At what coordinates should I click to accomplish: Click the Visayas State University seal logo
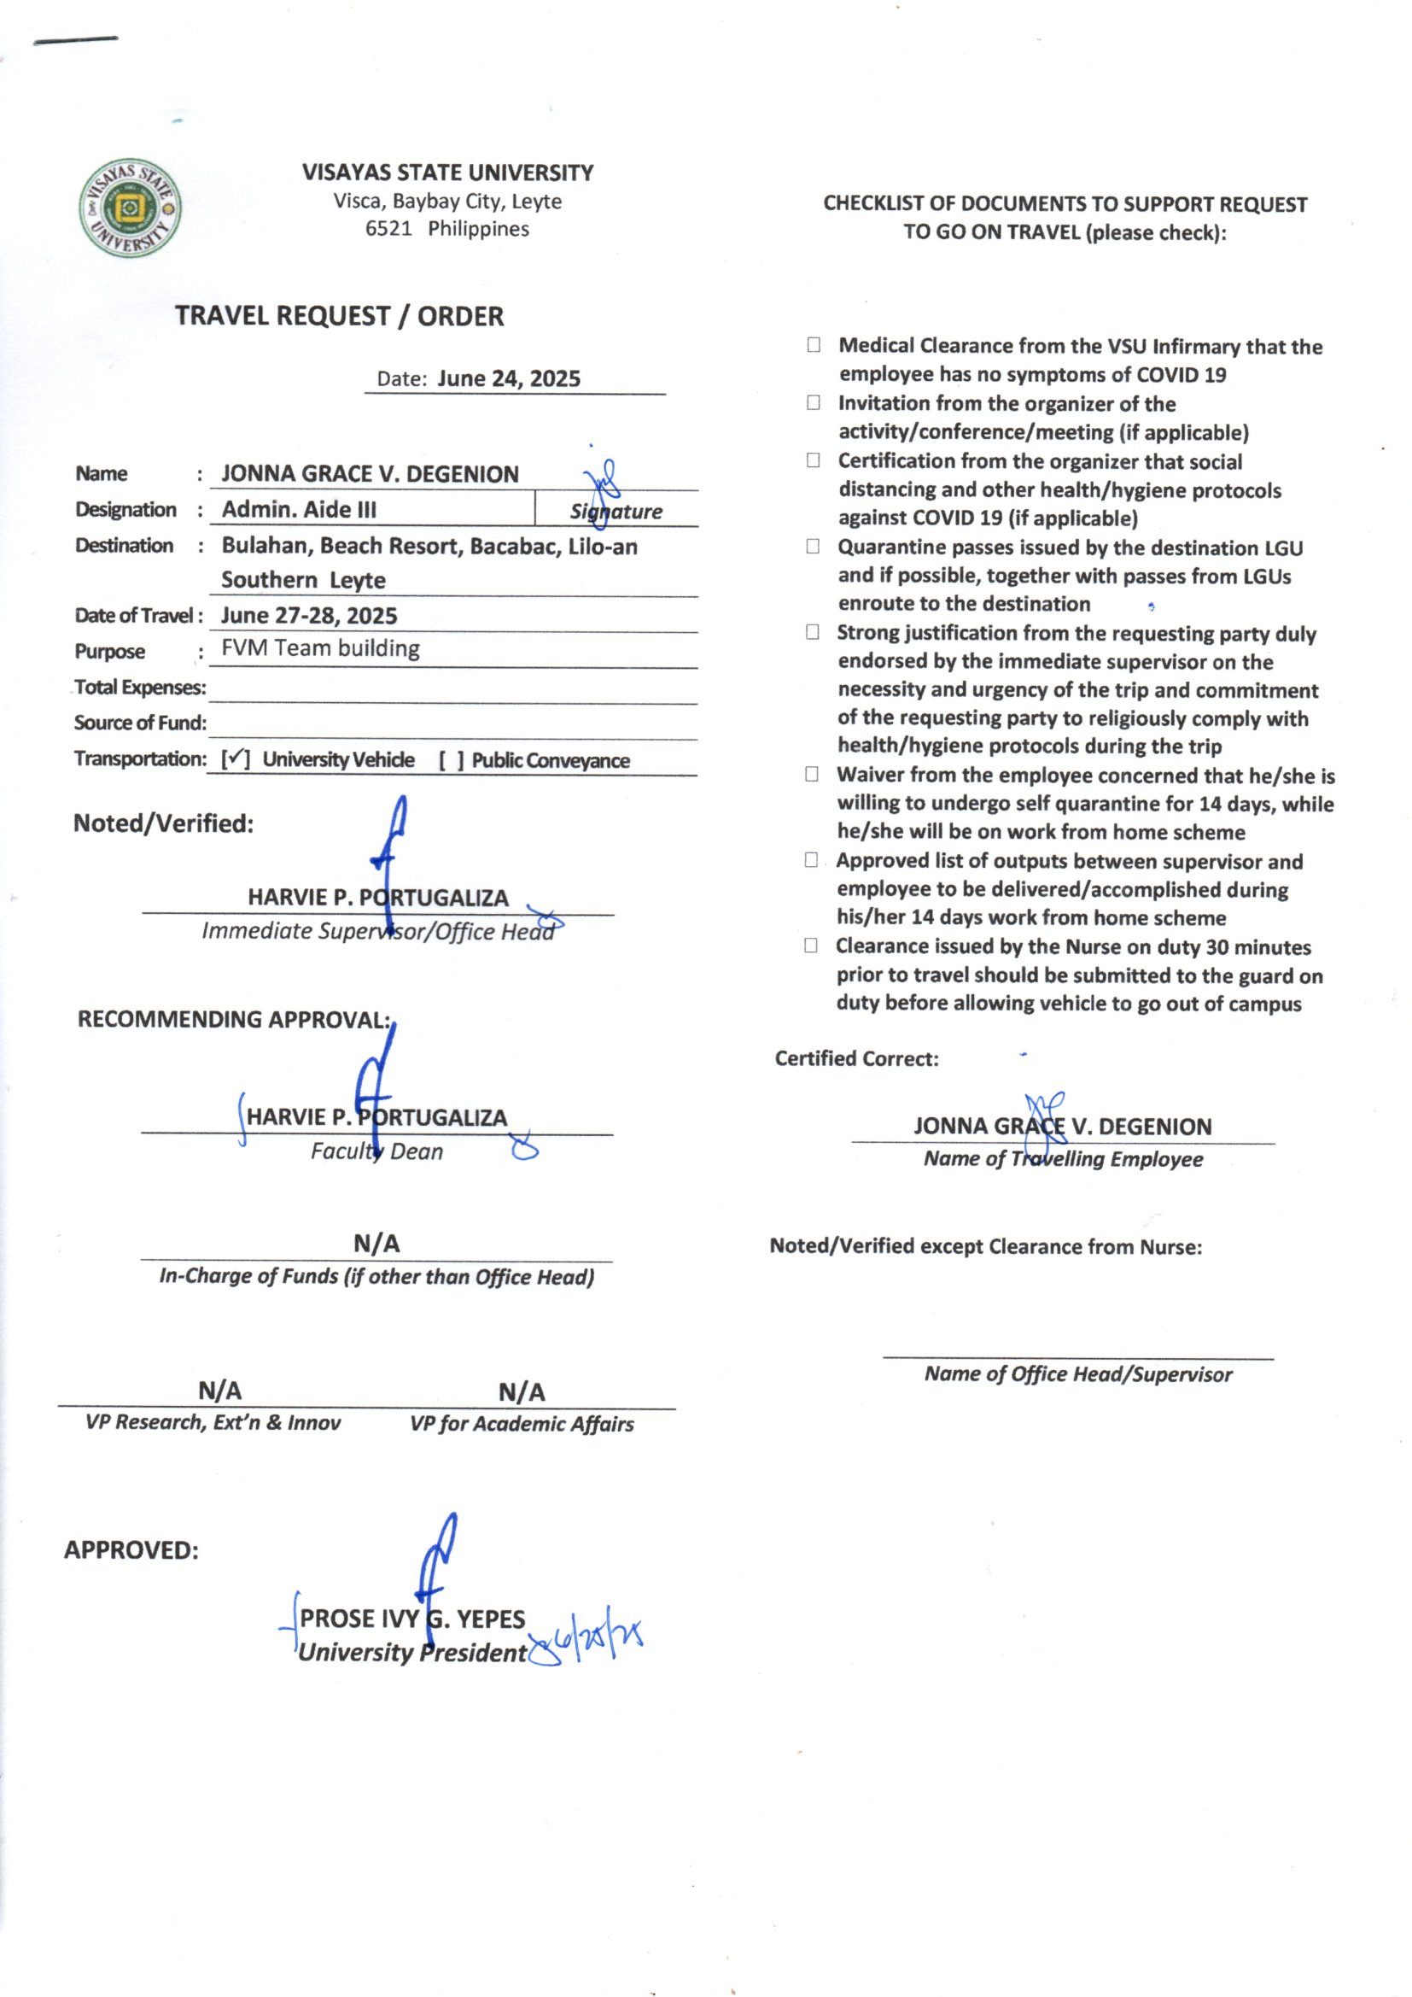click(131, 208)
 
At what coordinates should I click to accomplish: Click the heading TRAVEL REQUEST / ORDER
click(339, 316)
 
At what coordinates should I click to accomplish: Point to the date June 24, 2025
click(509, 378)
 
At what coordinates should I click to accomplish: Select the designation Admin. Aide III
click(299, 510)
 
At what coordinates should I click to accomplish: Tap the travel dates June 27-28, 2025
click(309, 616)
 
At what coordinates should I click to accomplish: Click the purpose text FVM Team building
click(320, 649)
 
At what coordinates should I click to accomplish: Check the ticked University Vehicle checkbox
click(235, 759)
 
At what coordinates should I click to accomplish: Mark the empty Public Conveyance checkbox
click(451, 761)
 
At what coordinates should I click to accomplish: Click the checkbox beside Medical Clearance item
click(813, 345)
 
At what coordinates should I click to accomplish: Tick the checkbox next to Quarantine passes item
click(812, 546)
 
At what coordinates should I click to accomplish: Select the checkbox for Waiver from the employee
click(811, 774)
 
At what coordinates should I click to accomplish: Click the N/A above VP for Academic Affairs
click(522, 1392)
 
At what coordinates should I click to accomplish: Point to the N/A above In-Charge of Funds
click(376, 1244)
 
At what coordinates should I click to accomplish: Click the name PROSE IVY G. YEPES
click(412, 1619)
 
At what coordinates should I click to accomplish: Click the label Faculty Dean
click(376, 1151)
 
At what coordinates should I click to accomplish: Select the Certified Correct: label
click(856, 1058)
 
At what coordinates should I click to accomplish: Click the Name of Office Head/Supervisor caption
click(1078, 1374)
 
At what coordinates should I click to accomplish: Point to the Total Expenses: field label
click(140, 687)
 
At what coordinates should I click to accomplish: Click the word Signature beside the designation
click(616, 512)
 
